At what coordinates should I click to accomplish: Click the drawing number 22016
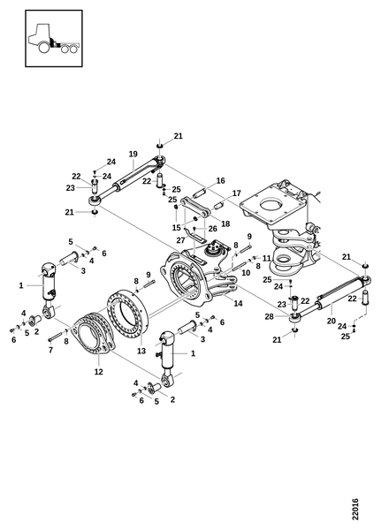point(354,509)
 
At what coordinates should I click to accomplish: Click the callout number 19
point(133,154)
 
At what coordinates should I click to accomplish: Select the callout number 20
point(331,321)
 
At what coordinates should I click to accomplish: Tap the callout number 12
point(98,372)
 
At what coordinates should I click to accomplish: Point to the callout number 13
point(141,351)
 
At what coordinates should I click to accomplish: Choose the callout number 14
point(238,303)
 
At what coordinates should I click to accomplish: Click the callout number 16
point(221,181)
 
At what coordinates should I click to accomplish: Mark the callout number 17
point(237,193)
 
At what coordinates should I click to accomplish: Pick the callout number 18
point(225,223)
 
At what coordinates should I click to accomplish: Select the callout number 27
point(180,240)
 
